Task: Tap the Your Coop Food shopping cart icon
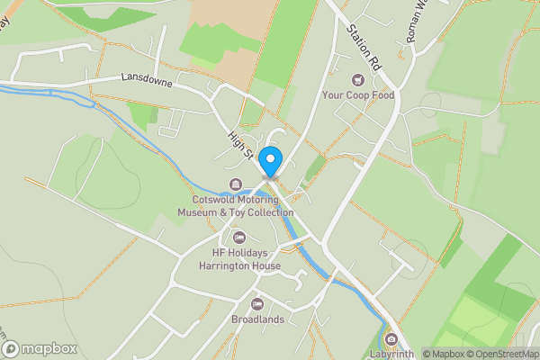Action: click(359, 80)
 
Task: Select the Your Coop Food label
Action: click(359, 94)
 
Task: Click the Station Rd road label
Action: click(357, 40)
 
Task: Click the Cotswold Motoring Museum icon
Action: click(236, 185)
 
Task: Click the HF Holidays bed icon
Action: click(238, 238)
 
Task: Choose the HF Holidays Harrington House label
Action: click(241, 259)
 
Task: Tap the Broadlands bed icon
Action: click(257, 304)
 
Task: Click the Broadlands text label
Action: click(257, 319)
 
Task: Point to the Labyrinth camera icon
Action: click(391, 339)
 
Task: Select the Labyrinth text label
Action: click(391, 354)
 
